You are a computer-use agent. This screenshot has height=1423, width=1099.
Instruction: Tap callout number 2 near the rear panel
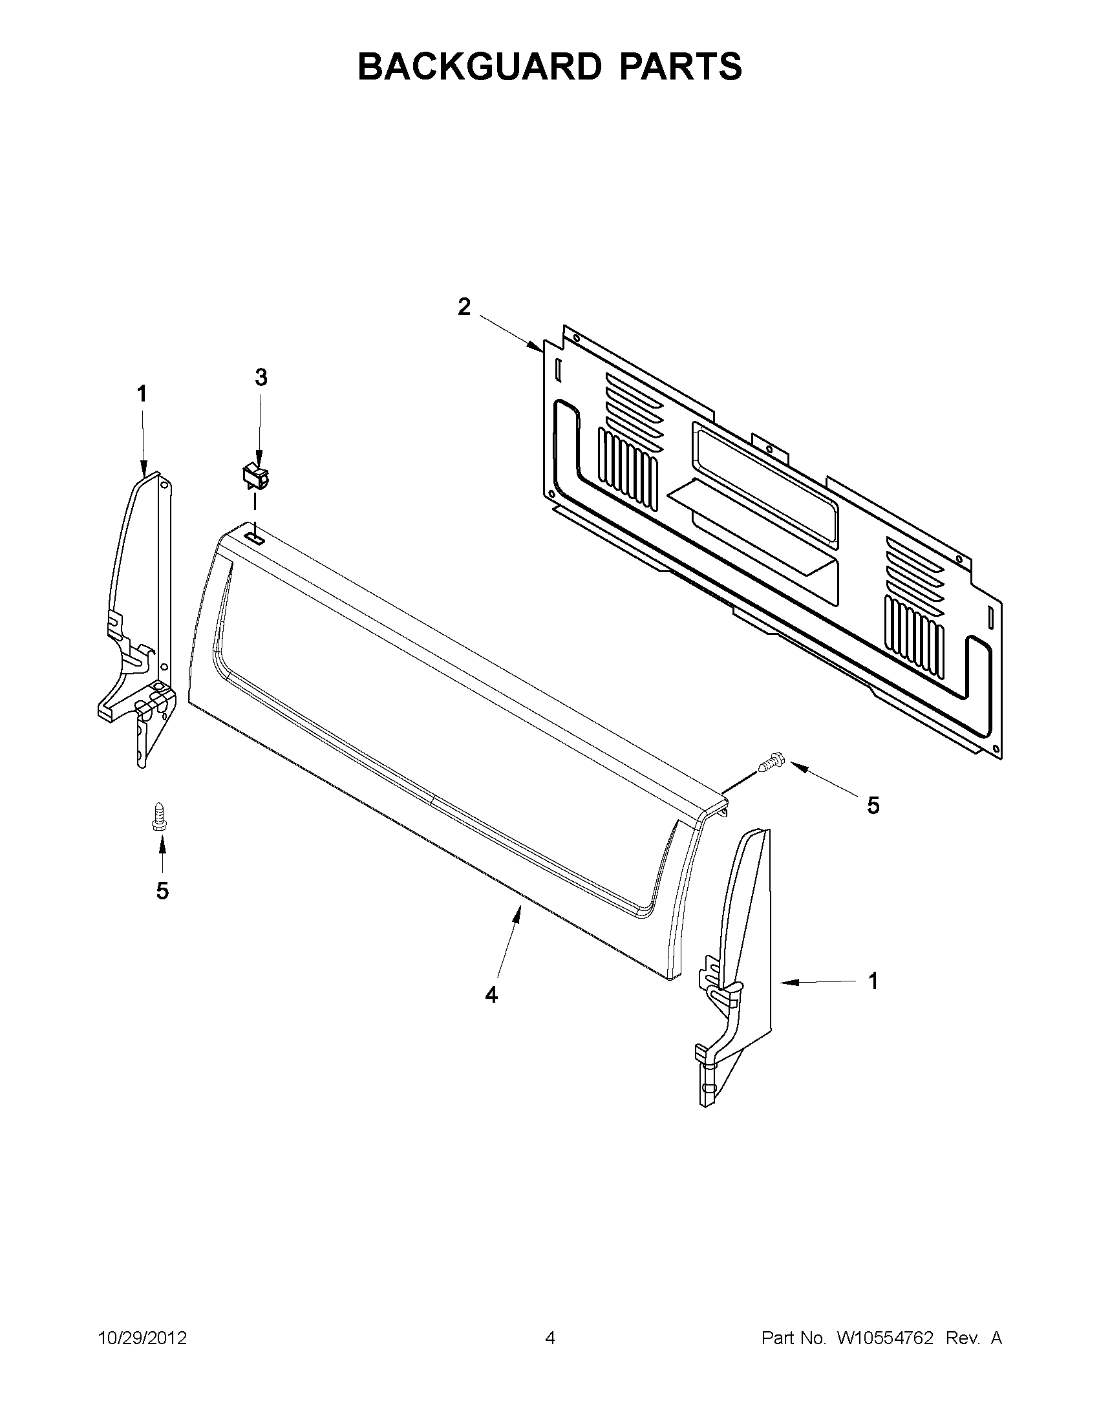point(464,306)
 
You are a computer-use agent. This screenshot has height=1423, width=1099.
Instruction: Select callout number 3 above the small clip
point(261,378)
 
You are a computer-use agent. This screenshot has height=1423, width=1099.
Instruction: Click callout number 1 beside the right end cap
point(873,999)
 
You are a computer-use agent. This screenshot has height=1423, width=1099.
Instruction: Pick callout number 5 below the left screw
point(162,890)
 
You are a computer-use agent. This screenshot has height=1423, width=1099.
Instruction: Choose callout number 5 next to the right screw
point(873,806)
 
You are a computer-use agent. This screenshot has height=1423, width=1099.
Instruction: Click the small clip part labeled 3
point(256,477)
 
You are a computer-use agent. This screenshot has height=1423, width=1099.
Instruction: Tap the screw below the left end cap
point(157,816)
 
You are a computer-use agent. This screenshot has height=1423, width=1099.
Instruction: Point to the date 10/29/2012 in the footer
point(143,1338)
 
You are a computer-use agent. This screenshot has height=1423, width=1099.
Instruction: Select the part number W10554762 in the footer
point(880,1338)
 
